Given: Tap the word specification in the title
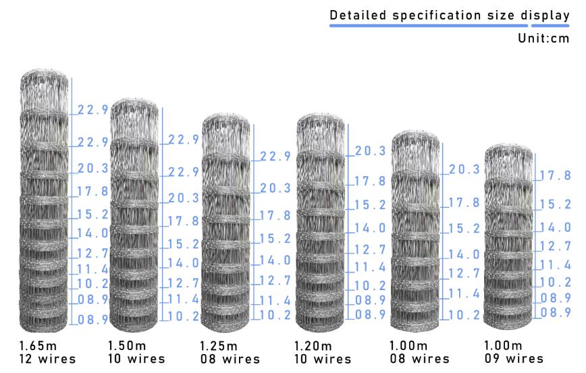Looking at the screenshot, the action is [x=437, y=16].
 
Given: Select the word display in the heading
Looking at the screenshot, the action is [x=545, y=16].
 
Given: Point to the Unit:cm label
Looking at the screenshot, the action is [x=543, y=38].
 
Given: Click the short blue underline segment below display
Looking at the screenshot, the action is [x=550, y=26].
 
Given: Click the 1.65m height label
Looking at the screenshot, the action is [x=38, y=345].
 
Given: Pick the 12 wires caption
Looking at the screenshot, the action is [x=47, y=360].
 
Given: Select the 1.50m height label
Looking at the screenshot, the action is [x=127, y=345].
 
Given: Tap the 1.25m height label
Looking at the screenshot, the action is [x=219, y=346].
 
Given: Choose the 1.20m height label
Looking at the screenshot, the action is [x=313, y=346].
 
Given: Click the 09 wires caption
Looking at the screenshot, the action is [x=514, y=359].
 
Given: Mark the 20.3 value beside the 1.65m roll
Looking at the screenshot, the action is [x=92, y=169].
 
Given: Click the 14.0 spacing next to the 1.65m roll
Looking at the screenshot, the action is [x=92, y=233].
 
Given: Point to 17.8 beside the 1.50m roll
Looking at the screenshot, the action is [x=183, y=221].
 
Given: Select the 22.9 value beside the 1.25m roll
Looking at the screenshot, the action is [x=275, y=156].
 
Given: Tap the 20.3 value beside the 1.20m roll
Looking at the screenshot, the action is [x=370, y=151].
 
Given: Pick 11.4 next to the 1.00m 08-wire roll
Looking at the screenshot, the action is [x=464, y=294].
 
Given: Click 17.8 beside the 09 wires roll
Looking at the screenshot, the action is [x=556, y=175].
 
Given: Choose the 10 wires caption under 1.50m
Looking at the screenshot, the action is [x=136, y=360].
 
